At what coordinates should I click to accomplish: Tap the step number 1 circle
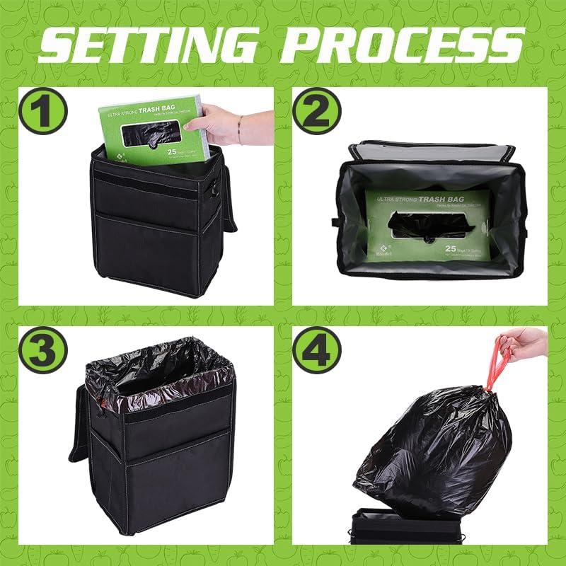42,111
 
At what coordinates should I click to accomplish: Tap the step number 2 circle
316,111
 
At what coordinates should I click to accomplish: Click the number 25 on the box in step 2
451,248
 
